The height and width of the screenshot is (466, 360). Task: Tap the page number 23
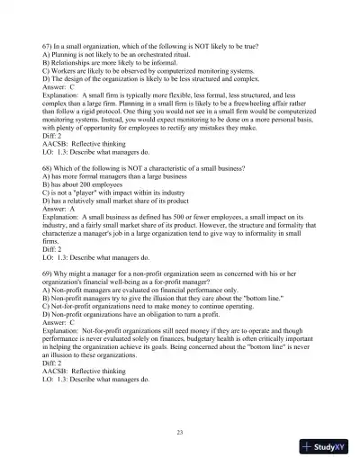pyautogui.click(x=180, y=433)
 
